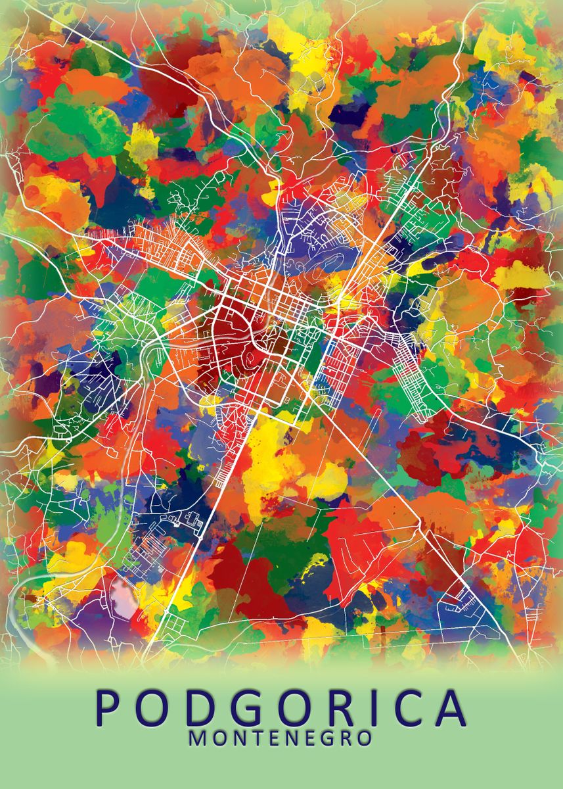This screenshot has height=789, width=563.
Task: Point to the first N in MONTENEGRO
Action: point(236,738)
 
